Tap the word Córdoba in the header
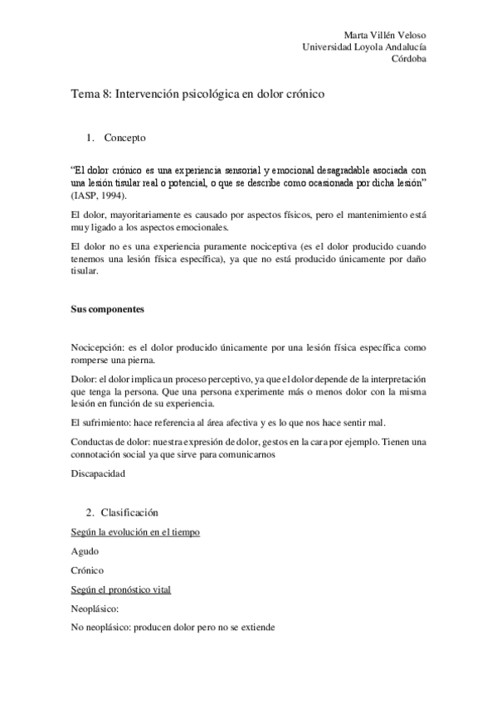(409, 60)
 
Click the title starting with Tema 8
(197, 95)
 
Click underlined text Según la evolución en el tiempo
(134, 531)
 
